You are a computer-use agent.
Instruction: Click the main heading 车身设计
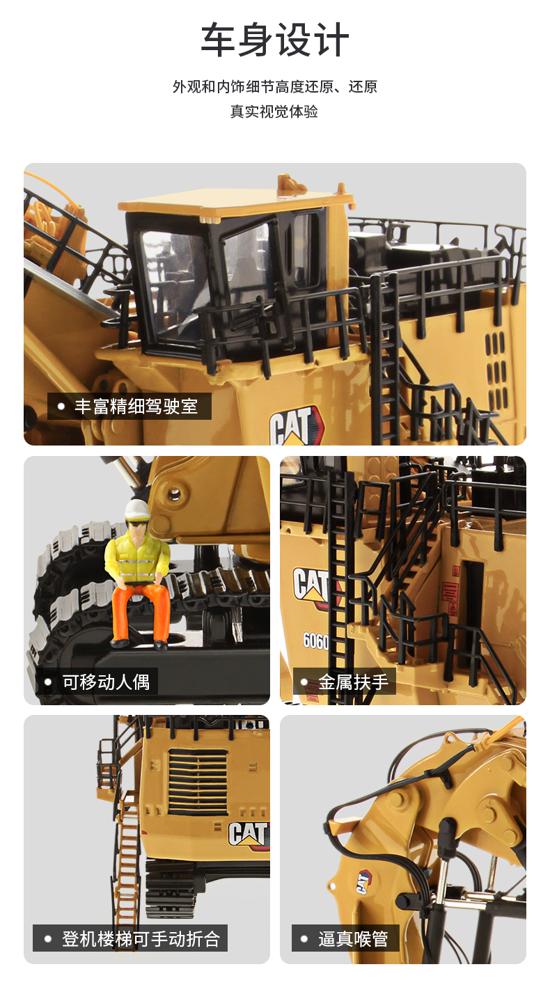click(275, 40)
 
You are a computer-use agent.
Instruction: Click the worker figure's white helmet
click(136, 510)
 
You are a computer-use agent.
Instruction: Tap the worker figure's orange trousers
click(141, 613)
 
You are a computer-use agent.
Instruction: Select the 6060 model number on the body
click(316, 641)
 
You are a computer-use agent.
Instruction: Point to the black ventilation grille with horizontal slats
click(198, 782)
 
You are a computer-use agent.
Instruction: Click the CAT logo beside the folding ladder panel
click(248, 835)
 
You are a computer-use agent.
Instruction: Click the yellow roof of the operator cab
click(235, 201)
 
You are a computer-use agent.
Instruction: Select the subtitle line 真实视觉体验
click(274, 111)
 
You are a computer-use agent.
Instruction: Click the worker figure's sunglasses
click(136, 523)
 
